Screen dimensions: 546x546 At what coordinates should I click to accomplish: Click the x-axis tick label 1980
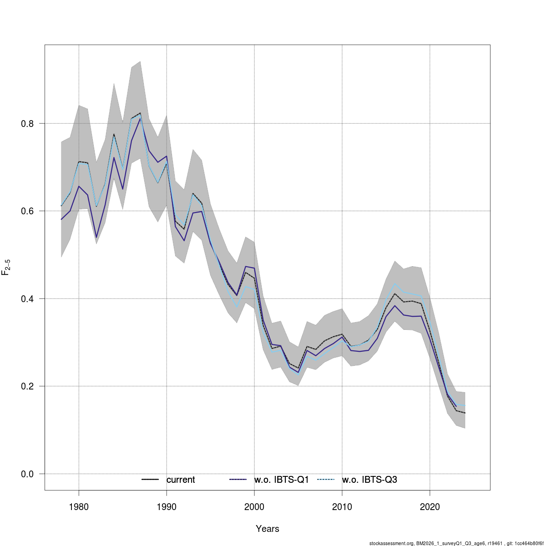79,507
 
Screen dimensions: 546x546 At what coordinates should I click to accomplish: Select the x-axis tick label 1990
167,507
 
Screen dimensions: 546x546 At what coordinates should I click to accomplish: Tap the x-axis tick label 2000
254,507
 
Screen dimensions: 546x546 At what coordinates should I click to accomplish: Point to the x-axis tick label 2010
342,507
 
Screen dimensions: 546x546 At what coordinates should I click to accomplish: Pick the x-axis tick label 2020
430,507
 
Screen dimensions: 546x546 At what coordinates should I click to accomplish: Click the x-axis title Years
268,529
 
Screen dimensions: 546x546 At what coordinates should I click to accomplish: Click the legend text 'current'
181,480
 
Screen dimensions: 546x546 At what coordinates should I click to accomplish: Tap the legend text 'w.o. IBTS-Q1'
282,480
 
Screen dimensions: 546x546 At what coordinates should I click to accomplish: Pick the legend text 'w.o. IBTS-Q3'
369,480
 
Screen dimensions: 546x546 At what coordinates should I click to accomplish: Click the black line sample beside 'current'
150,480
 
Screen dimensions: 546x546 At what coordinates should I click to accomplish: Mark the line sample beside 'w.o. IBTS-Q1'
238,480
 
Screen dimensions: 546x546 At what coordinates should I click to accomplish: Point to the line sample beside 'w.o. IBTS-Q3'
326,480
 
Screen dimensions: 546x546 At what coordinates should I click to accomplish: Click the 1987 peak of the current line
140,113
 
